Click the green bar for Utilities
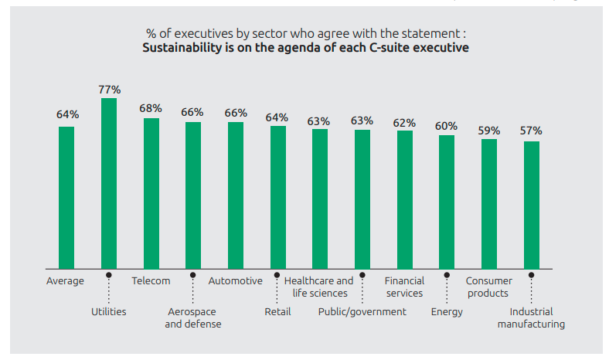[x=109, y=184]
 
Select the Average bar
[x=66, y=198]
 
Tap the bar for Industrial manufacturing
[x=531, y=205]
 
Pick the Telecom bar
[x=151, y=193]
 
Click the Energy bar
[x=447, y=202]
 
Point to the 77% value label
[x=109, y=90]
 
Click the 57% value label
[x=531, y=131]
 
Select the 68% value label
[x=151, y=108]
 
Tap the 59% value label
[x=488, y=130]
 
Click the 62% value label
[x=404, y=122]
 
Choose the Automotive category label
[x=235, y=281]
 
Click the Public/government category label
[x=362, y=312]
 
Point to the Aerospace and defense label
[x=192, y=318]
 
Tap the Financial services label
[x=404, y=287]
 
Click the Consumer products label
[x=488, y=287]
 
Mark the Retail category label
[x=277, y=312]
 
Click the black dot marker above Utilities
[x=109, y=274]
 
